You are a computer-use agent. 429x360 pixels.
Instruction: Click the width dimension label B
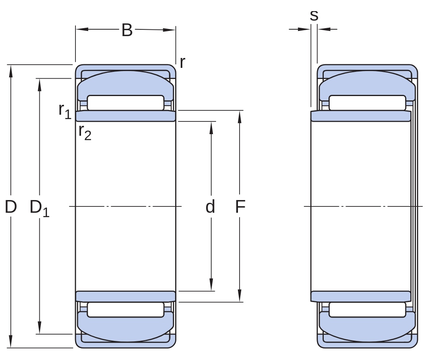click(x=127, y=30)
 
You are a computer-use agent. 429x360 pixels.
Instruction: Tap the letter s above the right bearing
click(x=314, y=15)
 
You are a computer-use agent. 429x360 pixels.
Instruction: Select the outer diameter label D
click(x=11, y=207)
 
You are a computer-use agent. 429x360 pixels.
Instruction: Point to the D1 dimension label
click(x=39, y=208)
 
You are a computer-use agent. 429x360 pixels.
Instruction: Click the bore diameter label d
click(x=210, y=206)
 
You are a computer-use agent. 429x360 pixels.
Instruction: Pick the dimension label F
click(x=240, y=207)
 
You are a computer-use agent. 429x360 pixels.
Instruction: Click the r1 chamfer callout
click(x=65, y=111)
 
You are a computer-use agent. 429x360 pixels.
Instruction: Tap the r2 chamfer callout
click(x=85, y=132)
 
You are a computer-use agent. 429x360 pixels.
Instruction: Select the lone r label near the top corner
click(x=182, y=62)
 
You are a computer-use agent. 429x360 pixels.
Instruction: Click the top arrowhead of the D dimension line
click(x=11, y=71)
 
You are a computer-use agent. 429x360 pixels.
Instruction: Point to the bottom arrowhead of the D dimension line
click(x=11, y=342)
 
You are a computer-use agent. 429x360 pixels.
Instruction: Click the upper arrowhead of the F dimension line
click(x=240, y=117)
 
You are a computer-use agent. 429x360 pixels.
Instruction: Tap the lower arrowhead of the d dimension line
click(x=211, y=285)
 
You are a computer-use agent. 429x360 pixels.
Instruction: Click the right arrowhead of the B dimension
click(x=169, y=30)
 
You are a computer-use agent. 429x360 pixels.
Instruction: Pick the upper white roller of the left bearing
click(x=126, y=103)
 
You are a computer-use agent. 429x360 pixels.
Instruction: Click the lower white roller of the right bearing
click(x=367, y=310)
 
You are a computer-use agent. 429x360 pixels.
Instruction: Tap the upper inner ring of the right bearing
click(x=361, y=116)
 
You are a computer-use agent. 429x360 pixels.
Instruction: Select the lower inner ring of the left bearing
click(x=126, y=296)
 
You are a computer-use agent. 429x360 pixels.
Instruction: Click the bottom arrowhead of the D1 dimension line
click(x=39, y=328)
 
